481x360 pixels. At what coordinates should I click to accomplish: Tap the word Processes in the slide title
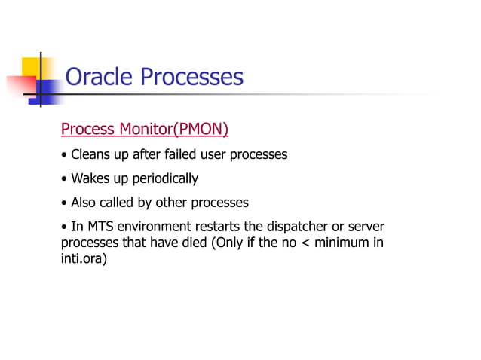192,77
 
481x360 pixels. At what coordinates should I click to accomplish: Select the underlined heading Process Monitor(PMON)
144,130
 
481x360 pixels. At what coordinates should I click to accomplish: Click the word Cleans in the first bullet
90,155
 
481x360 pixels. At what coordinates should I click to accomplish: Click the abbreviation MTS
100,227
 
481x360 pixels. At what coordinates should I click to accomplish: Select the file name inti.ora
81,261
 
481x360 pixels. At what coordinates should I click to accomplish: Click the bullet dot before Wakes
64,179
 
